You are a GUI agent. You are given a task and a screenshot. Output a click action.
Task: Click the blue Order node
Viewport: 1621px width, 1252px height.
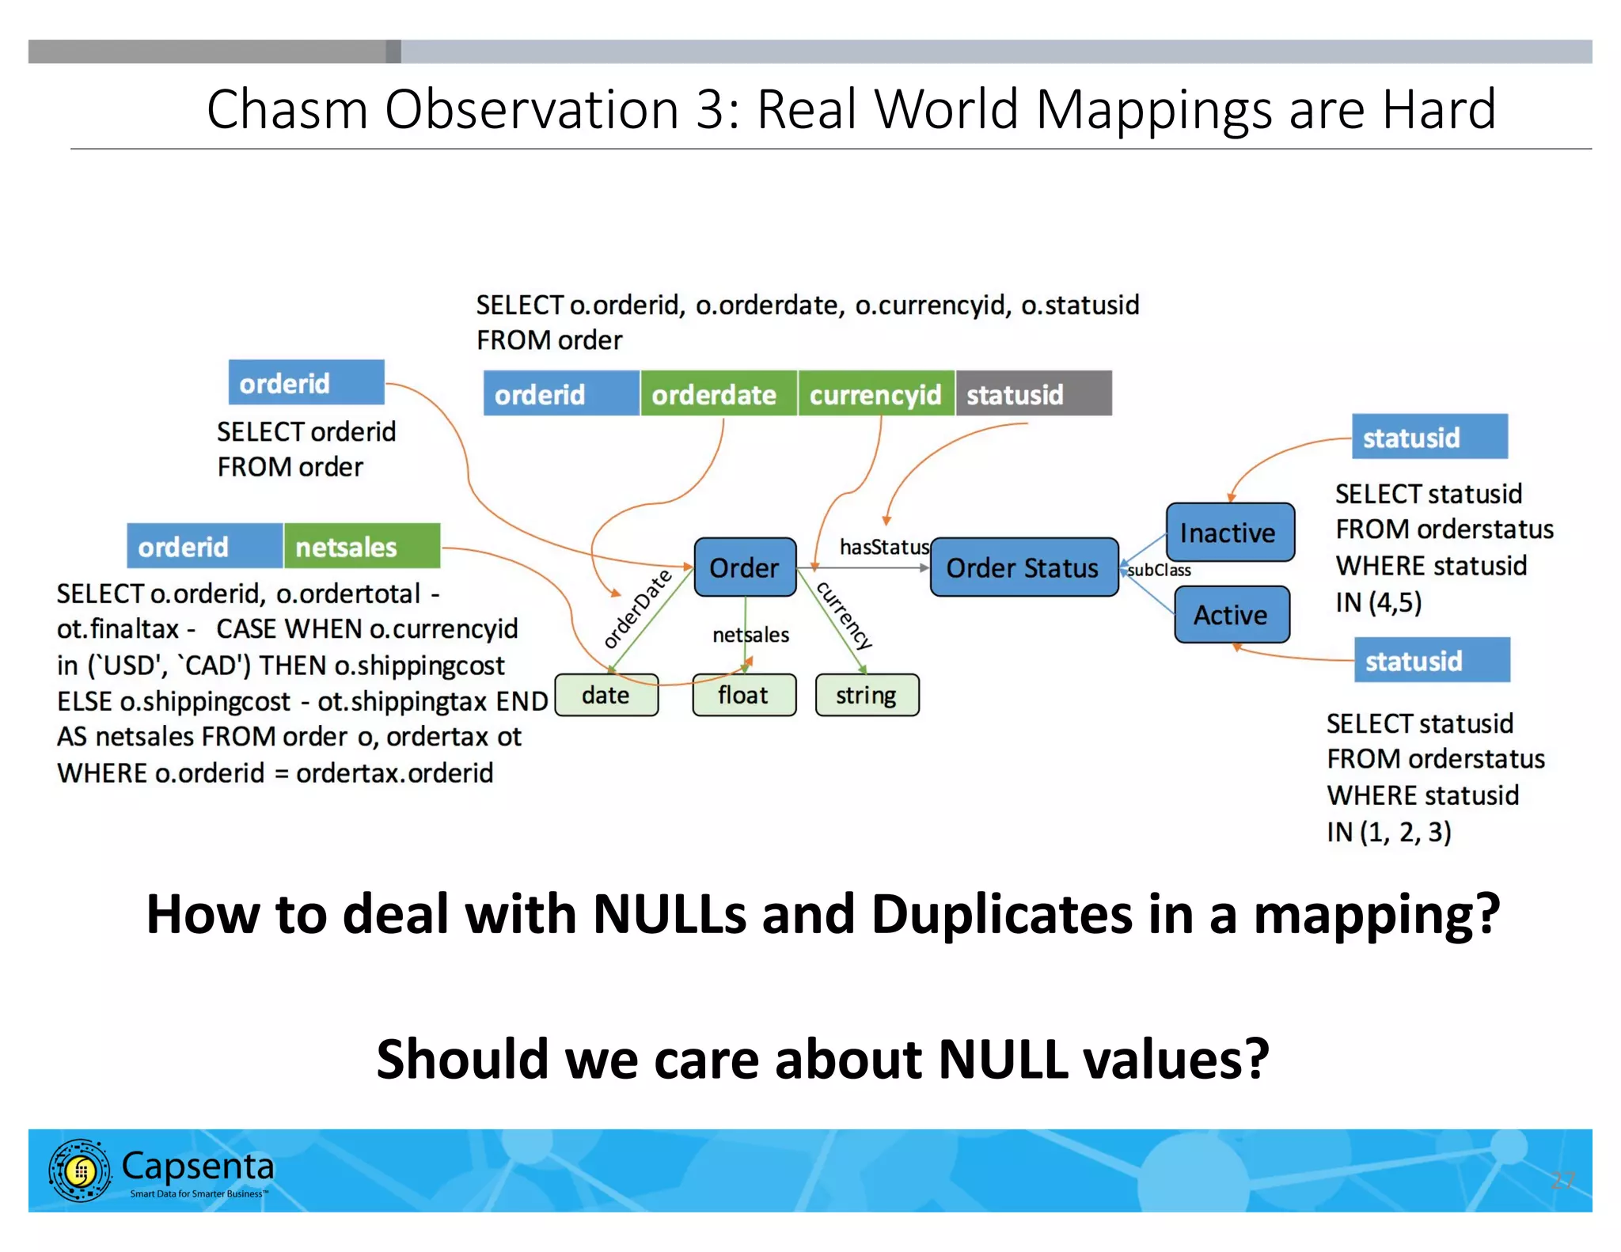coord(744,567)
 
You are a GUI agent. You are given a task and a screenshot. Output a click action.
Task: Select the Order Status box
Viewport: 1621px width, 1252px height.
coord(1023,567)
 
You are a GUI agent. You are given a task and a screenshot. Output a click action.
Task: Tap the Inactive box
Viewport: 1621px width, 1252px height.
coord(1228,533)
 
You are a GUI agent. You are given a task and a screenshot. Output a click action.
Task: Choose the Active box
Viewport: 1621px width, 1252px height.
coord(1231,615)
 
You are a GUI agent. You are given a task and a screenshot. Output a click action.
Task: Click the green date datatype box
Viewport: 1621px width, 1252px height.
coord(606,696)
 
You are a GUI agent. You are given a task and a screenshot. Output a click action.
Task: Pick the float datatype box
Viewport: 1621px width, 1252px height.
coord(743,696)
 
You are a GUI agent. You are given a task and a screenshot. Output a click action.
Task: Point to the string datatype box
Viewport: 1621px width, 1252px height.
coord(867,696)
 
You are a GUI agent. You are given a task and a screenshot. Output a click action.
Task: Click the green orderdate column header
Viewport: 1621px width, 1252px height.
coord(717,394)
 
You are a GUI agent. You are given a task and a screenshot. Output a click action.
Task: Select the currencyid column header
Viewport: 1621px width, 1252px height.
coord(875,394)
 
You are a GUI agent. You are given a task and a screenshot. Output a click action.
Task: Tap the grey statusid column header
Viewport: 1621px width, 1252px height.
coord(1032,394)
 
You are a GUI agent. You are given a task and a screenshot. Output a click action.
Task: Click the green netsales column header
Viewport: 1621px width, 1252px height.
coord(361,546)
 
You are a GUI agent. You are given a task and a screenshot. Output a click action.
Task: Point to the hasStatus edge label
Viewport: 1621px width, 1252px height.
coord(884,547)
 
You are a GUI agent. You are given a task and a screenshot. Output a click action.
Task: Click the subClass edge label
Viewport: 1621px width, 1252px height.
coord(1160,570)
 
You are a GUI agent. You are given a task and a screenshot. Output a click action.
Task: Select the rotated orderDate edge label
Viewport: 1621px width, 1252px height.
coord(636,608)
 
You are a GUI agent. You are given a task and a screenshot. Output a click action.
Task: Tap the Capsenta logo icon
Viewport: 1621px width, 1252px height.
coord(79,1170)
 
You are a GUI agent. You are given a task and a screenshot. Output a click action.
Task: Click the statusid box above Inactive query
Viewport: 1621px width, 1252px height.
coord(1429,437)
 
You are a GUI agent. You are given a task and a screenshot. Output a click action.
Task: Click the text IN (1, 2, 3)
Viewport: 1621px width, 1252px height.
coord(1389,832)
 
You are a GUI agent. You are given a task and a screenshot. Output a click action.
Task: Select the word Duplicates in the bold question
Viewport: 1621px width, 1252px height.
coord(1002,914)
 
